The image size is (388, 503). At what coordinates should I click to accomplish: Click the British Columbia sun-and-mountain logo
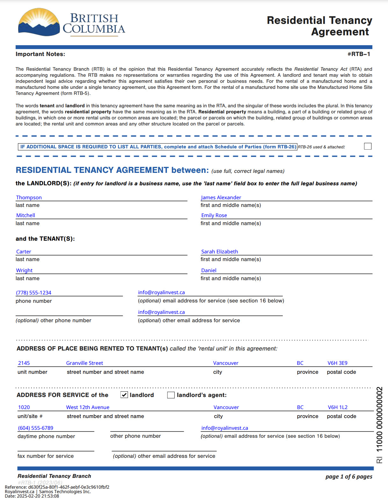pos(39,22)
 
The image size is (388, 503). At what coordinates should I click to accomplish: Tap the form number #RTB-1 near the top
pos(359,54)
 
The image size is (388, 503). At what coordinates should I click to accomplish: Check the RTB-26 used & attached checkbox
pos(368,146)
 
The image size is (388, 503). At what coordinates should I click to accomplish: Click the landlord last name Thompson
pos(29,197)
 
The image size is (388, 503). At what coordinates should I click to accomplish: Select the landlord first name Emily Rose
pos(214,215)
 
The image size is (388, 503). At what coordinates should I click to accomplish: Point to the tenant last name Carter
pos(24,251)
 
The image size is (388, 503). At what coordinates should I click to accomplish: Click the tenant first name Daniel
pos(209,270)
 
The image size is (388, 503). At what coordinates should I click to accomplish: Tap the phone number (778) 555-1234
pos(33,293)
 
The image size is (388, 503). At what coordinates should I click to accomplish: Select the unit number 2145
pos(24,363)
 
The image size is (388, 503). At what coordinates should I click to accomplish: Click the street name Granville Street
pos(84,363)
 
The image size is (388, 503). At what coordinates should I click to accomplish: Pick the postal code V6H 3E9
pos(337,363)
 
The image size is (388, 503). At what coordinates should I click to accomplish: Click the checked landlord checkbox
pos(124,395)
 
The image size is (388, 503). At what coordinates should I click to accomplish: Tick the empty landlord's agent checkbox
pos(171,395)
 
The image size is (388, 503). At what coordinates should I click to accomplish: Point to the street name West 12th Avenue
pos(88,407)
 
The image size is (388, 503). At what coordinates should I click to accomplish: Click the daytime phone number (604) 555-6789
pos(35,428)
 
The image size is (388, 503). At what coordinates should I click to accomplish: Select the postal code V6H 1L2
pos(338,407)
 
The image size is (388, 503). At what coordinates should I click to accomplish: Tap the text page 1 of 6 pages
pos(349,477)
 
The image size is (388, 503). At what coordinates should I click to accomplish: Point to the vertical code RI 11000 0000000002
pos(379,425)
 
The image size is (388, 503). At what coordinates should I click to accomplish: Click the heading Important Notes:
pos(40,54)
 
